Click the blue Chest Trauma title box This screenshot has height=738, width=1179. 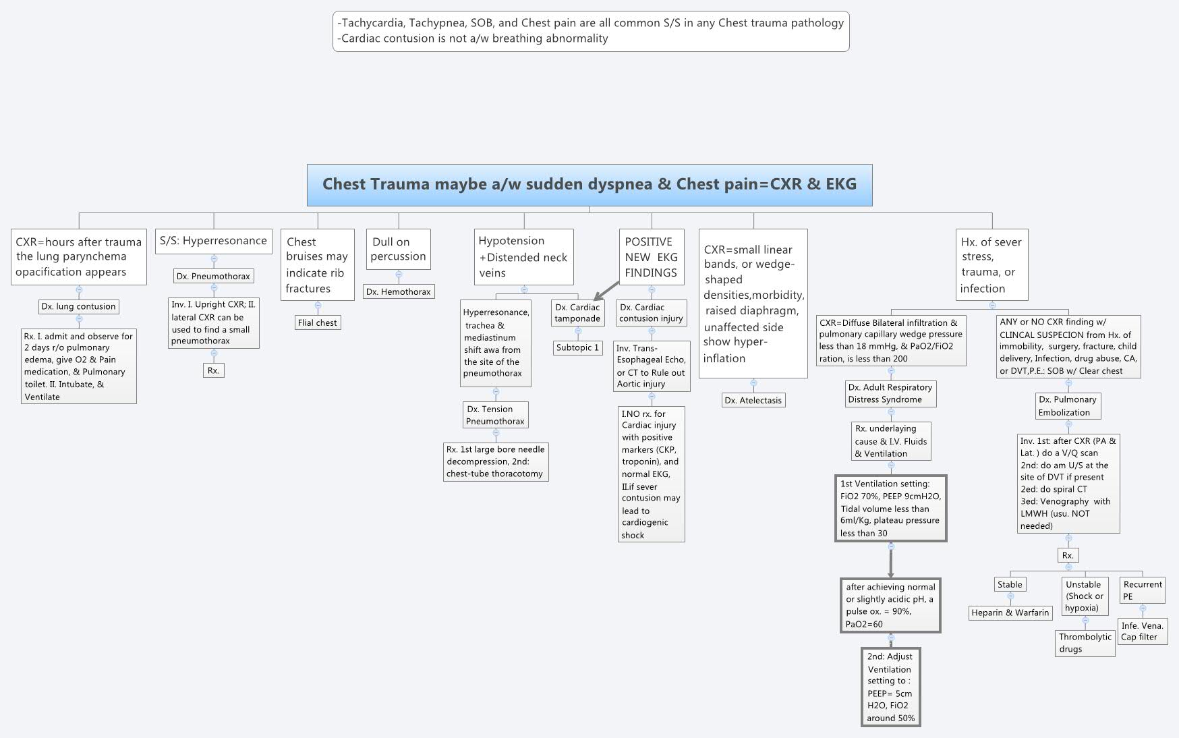click(589, 185)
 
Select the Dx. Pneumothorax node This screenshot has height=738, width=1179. click(213, 276)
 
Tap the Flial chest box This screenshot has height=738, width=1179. click(318, 322)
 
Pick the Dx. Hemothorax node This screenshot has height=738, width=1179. click(399, 291)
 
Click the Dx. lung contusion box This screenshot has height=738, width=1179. click(79, 306)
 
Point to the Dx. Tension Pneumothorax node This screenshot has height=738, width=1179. click(495, 415)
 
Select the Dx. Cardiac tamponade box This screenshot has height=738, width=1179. click(577, 313)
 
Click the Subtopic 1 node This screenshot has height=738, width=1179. click(577, 347)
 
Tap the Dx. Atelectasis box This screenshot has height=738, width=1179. click(753, 400)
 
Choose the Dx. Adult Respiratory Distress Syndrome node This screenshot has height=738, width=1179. click(890, 393)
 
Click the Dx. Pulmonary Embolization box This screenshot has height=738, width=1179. click(1068, 405)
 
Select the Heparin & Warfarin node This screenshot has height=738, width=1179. click(1010, 613)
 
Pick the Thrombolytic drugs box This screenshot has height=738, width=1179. click(1085, 643)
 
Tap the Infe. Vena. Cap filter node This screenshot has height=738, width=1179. click(1142, 631)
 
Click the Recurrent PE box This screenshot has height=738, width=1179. click(1143, 590)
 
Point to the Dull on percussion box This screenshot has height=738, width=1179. click(398, 249)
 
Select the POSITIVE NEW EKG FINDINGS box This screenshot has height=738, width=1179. click(651, 257)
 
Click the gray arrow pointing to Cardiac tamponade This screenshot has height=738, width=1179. click(607, 290)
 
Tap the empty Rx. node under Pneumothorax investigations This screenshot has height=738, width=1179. click(213, 370)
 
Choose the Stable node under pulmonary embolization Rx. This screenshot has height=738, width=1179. click(1010, 584)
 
